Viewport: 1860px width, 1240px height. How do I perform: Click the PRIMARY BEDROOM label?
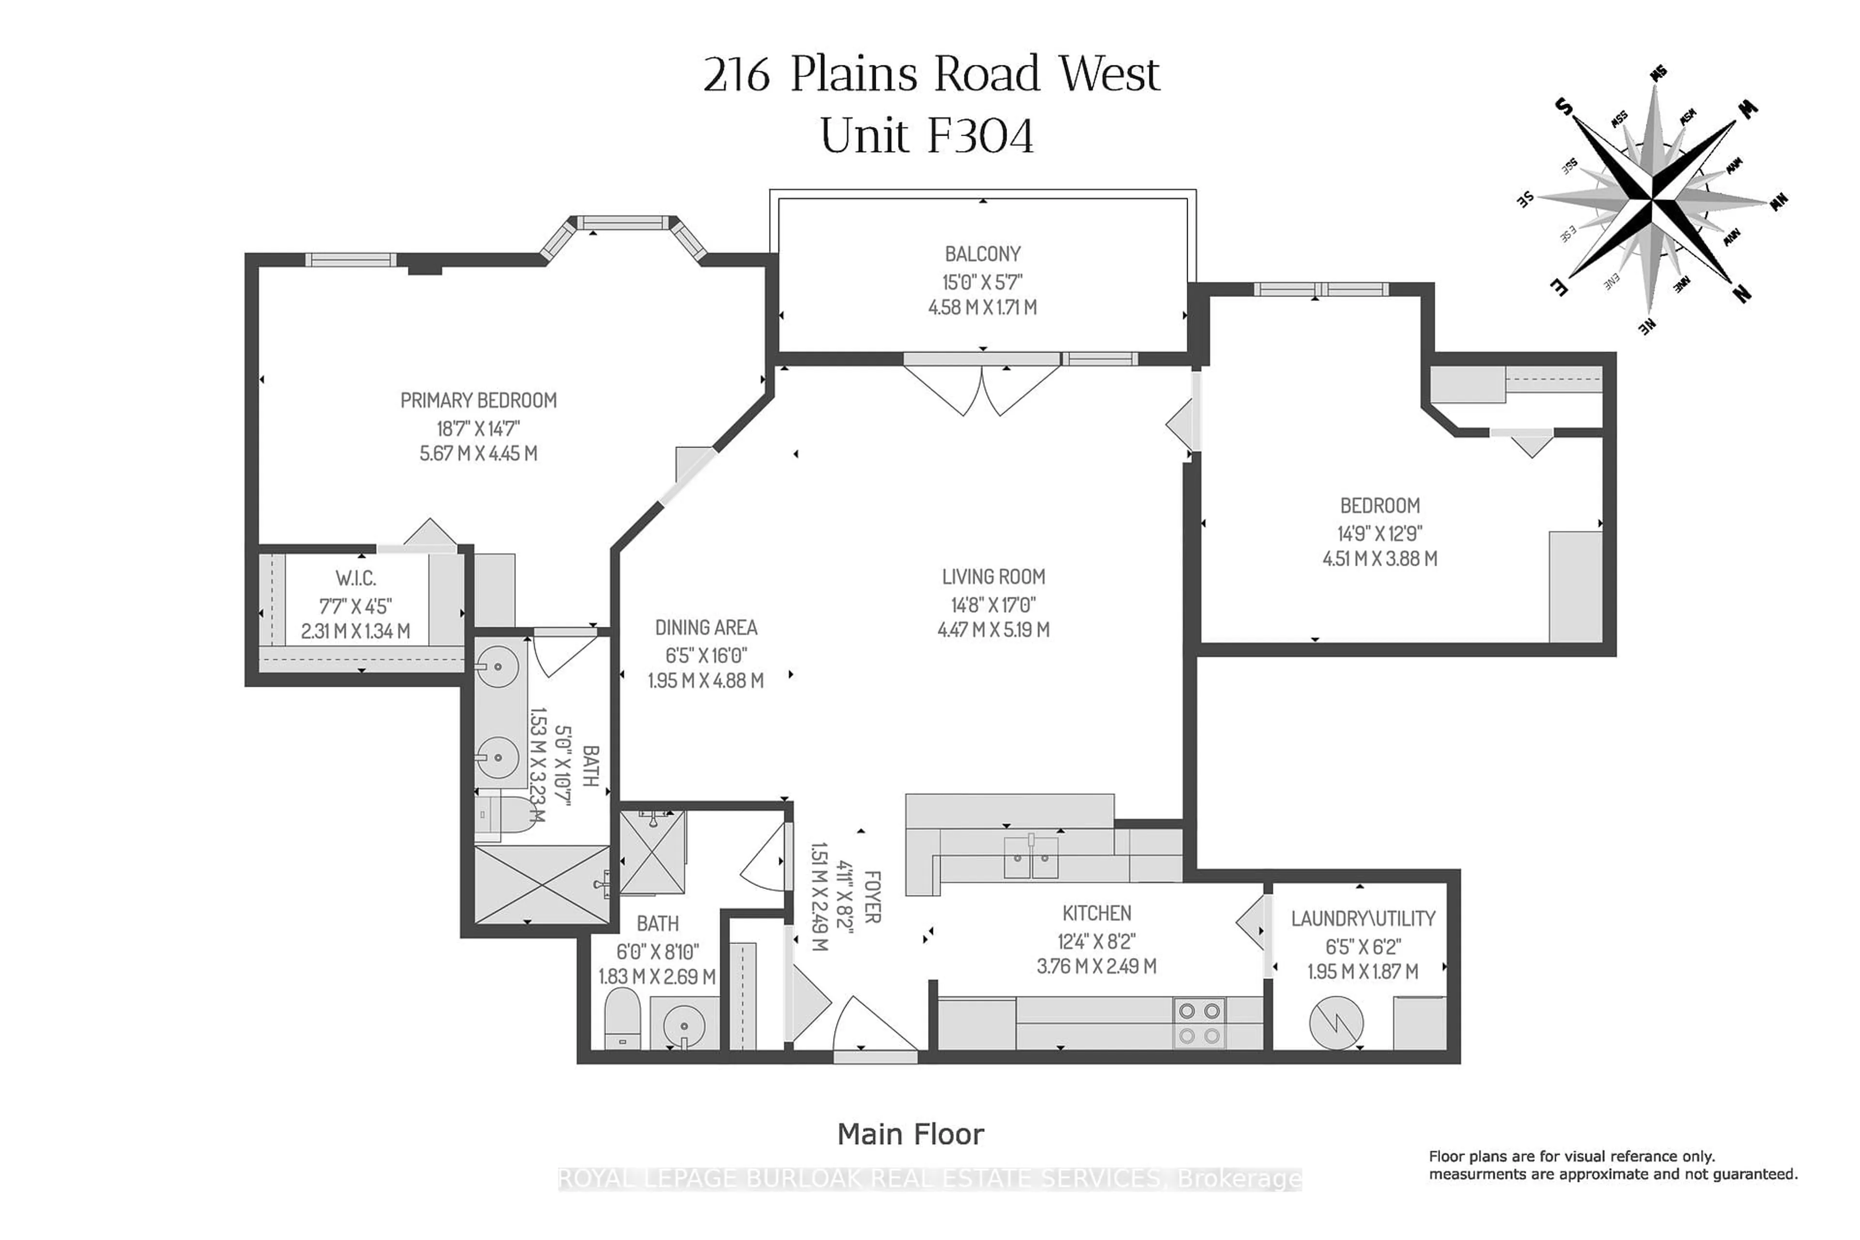479,401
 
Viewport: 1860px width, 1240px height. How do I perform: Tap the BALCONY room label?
982,255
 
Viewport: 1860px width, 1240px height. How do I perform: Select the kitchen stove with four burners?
1199,1023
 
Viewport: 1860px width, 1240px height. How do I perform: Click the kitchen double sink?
1030,858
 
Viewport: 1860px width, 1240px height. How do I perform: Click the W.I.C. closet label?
356,579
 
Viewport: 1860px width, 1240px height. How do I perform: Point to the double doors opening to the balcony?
981,387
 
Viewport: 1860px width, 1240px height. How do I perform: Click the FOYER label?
871,897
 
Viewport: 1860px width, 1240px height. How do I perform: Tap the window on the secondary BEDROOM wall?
1320,290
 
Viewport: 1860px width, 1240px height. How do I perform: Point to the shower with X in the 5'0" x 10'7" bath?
541,884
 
